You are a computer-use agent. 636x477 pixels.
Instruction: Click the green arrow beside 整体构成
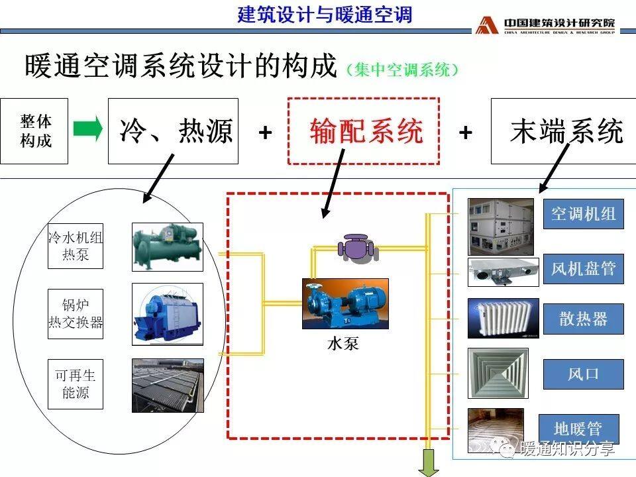87,129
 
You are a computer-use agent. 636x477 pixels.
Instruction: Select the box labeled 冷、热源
173,131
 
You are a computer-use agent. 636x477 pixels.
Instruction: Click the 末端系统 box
564,131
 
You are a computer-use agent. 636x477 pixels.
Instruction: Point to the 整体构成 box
34,131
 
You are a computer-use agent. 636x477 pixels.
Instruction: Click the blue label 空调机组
583,214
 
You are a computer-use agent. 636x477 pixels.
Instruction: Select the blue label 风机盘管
583,268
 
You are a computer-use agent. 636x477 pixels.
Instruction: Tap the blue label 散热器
583,319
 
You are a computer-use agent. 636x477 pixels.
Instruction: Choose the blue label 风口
583,374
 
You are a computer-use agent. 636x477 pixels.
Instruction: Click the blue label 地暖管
579,429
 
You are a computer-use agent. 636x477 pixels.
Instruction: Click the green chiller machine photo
168,247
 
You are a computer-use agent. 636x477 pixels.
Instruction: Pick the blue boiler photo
168,314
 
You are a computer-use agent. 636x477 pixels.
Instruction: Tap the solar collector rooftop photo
168,386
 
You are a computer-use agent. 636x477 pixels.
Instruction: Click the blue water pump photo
346,303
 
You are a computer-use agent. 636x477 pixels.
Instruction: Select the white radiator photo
503,319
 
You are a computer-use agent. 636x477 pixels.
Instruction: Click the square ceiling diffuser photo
498,374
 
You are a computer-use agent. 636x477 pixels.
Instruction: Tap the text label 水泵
343,344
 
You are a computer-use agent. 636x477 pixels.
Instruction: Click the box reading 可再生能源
76,384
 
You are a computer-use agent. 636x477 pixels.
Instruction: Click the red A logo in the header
487,25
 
